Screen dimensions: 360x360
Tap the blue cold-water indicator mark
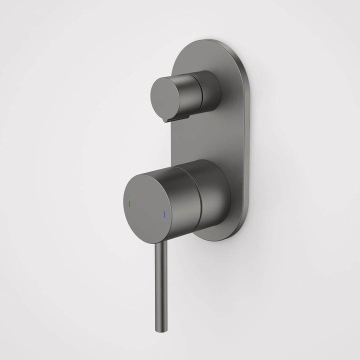(163, 215)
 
